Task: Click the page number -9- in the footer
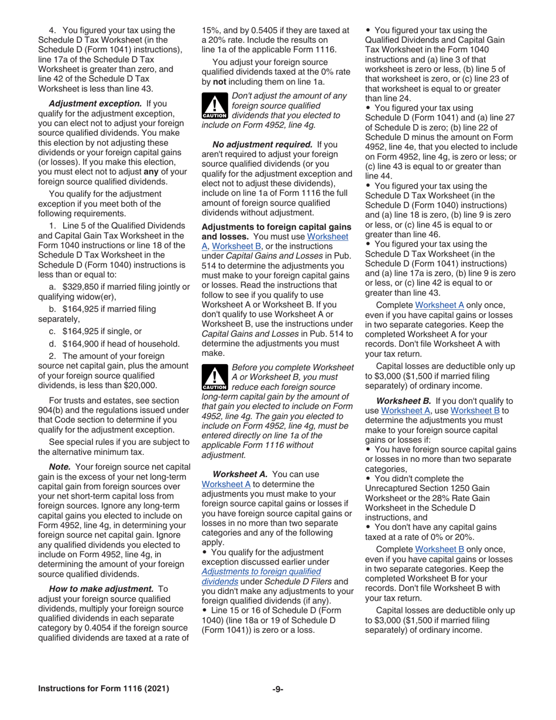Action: pyautogui.click(x=277, y=689)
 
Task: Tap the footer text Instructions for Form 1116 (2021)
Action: pyautogui.click(x=104, y=689)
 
